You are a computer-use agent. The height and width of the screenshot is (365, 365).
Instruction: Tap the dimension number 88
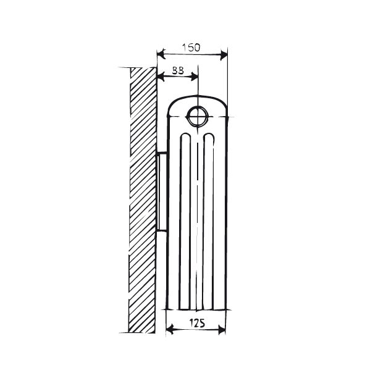[177, 71]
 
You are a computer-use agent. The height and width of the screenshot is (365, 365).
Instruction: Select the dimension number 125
[197, 323]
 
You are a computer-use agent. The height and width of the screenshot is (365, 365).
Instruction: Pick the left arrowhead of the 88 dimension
[160, 78]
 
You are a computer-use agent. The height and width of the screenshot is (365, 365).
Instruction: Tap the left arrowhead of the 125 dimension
[169, 331]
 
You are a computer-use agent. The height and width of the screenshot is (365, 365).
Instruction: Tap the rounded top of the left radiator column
[185, 135]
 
